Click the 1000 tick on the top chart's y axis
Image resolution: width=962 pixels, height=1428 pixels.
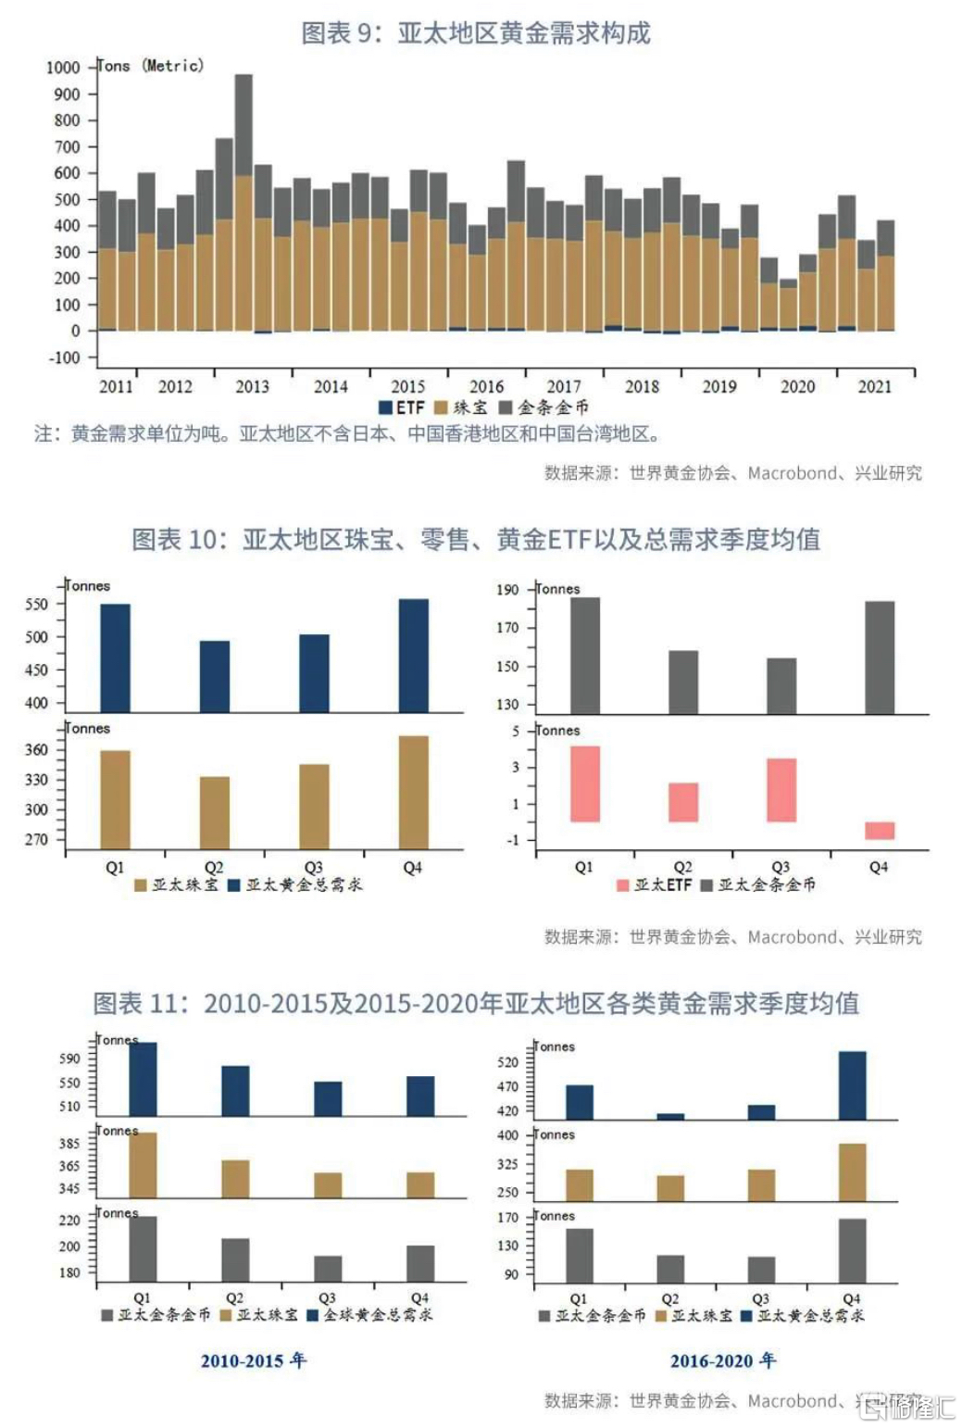click(63, 68)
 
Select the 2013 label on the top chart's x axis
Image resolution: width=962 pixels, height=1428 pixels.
click(252, 386)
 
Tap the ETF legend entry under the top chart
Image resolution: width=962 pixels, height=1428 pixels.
click(402, 407)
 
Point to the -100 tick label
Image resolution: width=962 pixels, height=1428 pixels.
click(64, 357)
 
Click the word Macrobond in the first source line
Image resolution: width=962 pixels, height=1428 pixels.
click(792, 473)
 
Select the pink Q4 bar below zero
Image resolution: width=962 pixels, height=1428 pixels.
click(879, 830)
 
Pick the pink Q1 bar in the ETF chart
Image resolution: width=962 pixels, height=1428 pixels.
click(584, 783)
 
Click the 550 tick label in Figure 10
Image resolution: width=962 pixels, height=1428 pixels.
click(37, 604)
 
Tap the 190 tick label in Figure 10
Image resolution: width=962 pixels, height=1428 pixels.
click(507, 590)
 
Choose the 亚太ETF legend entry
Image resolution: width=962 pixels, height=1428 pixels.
click(655, 884)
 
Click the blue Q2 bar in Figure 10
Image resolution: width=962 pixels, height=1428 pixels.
click(215, 676)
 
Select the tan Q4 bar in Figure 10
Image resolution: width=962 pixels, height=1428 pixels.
click(413, 792)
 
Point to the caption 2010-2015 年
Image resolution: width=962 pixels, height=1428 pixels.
click(253, 1360)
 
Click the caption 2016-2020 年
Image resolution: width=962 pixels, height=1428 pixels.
click(723, 1360)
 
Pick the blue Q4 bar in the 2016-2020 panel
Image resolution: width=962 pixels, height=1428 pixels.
click(852, 1085)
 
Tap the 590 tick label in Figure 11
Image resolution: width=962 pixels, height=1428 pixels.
click(69, 1058)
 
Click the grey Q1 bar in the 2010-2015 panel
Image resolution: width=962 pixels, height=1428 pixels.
click(143, 1248)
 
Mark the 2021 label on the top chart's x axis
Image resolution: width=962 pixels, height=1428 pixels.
click(874, 386)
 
